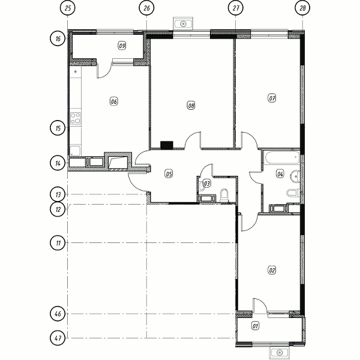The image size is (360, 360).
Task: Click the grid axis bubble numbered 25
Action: click(x=67, y=8)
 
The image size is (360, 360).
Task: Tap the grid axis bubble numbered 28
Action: click(x=302, y=8)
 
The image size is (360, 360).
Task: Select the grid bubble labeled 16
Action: click(x=58, y=38)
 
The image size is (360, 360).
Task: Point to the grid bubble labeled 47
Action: click(x=58, y=338)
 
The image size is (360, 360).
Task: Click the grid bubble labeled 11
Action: click(x=58, y=242)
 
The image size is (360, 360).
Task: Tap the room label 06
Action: click(x=114, y=101)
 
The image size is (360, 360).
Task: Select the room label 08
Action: click(x=191, y=106)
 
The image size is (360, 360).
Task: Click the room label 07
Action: click(x=272, y=98)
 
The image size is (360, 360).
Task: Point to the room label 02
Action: click(x=272, y=270)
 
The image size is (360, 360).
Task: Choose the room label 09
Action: click(x=122, y=46)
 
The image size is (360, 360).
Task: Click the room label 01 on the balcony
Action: click(x=256, y=326)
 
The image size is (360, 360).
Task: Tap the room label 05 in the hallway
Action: click(x=169, y=174)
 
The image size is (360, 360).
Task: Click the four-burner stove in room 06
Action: click(x=76, y=118)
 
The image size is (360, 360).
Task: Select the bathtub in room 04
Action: click(x=282, y=157)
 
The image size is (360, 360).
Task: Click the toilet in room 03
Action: click(x=224, y=195)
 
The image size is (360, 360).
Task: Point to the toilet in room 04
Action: click(x=293, y=193)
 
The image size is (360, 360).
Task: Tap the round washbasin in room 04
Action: click(x=295, y=176)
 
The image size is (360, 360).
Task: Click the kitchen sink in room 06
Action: click(x=75, y=151)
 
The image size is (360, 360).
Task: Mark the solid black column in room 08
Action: click(x=167, y=145)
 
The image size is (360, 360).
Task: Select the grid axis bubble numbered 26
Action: click(x=146, y=8)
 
